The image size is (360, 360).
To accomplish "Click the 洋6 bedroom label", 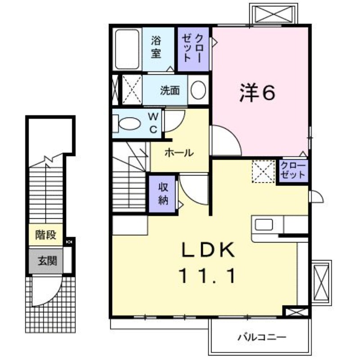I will point(257,93).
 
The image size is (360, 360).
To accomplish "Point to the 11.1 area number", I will point(208,275).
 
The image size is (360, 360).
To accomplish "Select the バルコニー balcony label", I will point(262,337).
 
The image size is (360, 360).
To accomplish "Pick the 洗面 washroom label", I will point(170,90).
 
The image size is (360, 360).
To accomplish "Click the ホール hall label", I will point(179,153).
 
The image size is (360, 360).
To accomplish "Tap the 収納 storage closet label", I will point(162,194).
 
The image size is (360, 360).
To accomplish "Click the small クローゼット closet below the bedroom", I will point(293,171).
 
